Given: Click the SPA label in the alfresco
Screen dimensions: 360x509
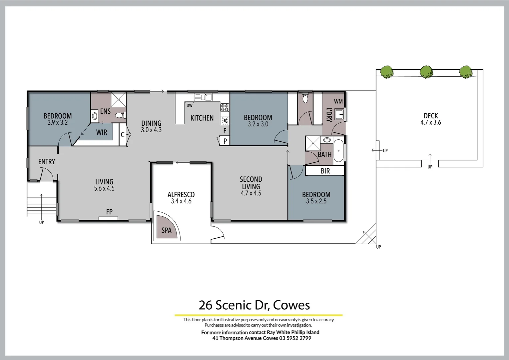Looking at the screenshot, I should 166,230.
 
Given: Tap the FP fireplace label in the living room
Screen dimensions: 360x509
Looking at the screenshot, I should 109,212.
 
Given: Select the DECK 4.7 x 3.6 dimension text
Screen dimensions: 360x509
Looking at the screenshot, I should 430,122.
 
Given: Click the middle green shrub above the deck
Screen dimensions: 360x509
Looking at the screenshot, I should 426,72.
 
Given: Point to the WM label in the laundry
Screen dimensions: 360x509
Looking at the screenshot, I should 338,101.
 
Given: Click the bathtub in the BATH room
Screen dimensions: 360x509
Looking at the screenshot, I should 338,151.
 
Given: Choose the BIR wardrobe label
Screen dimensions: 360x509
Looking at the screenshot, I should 325,171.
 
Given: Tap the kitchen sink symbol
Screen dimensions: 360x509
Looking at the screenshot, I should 203,97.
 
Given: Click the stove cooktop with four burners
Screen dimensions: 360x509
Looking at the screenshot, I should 225,107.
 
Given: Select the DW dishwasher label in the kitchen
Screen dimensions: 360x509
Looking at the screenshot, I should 189,106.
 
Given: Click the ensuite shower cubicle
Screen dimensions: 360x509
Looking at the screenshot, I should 119,100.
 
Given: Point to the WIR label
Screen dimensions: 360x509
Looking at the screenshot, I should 102,132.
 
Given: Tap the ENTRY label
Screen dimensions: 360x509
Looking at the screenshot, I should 47,162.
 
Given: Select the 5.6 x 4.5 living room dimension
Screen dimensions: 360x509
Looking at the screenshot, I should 104,188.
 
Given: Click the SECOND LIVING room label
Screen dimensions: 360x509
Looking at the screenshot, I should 251,183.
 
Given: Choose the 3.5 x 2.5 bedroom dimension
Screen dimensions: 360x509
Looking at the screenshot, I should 316,201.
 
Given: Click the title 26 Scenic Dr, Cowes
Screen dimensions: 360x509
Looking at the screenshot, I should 254,305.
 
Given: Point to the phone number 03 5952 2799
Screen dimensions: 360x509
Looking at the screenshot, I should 295,338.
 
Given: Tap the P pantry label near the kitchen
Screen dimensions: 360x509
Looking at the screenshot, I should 225,141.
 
